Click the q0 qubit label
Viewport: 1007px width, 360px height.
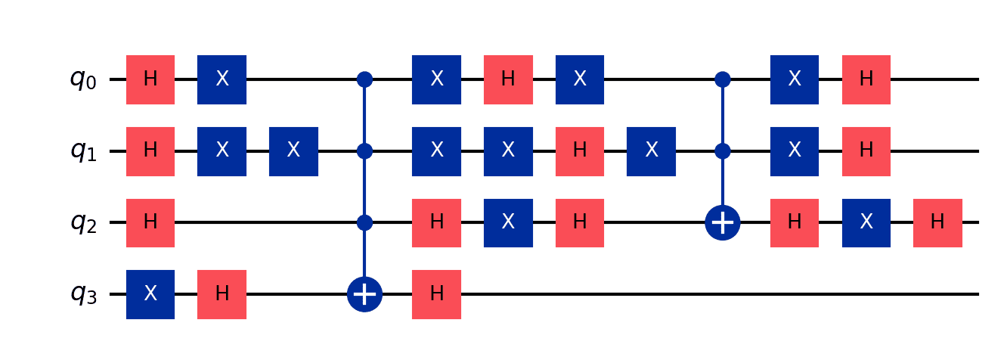tap(84, 79)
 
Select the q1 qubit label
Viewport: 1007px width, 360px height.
tap(84, 151)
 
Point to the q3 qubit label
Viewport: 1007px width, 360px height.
tap(84, 294)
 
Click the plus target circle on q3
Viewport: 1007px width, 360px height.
tap(364, 295)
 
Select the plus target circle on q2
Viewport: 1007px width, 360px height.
tap(723, 223)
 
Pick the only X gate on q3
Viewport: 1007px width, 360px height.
tap(150, 294)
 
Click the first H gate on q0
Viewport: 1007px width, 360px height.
tap(150, 79)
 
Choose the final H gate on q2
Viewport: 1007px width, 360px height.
tap(937, 223)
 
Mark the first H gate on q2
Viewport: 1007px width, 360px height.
tap(150, 223)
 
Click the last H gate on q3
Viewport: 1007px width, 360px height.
tap(436, 294)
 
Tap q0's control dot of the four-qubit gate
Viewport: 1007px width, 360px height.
tap(364, 79)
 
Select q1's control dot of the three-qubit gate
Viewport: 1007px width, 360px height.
tap(723, 151)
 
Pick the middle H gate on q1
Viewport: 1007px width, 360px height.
tap(579, 151)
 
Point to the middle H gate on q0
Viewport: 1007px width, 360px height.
tap(508, 79)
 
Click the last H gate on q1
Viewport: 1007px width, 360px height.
tap(866, 151)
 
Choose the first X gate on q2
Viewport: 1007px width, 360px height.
tap(508, 223)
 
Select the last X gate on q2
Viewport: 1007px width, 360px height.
tap(866, 223)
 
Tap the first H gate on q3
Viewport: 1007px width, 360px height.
tap(222, 294)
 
